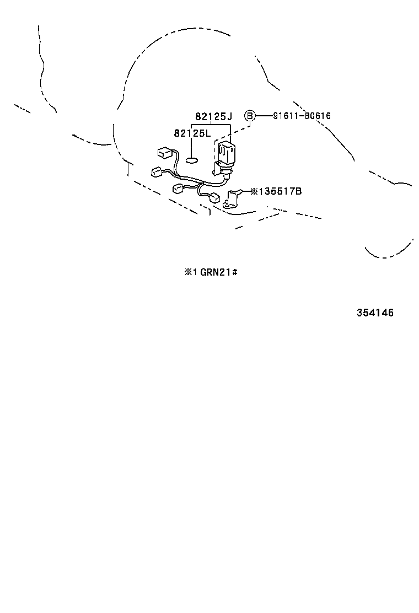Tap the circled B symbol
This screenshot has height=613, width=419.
tap(250, 116)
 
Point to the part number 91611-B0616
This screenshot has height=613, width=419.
tap(302, 116)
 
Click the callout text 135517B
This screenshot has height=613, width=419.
tap(280, 191)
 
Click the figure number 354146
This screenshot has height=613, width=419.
tap(374, 313)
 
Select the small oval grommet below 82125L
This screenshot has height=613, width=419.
tap(191, 161)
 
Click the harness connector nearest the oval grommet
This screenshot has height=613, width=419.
tap(164, 152)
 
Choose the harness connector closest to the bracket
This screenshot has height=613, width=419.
tap(214, 197)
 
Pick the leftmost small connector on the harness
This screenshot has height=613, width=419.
tap(155, 172)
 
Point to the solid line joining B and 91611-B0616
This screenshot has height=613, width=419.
tap(264, 116)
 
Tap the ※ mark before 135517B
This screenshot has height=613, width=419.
tap(254, 191)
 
